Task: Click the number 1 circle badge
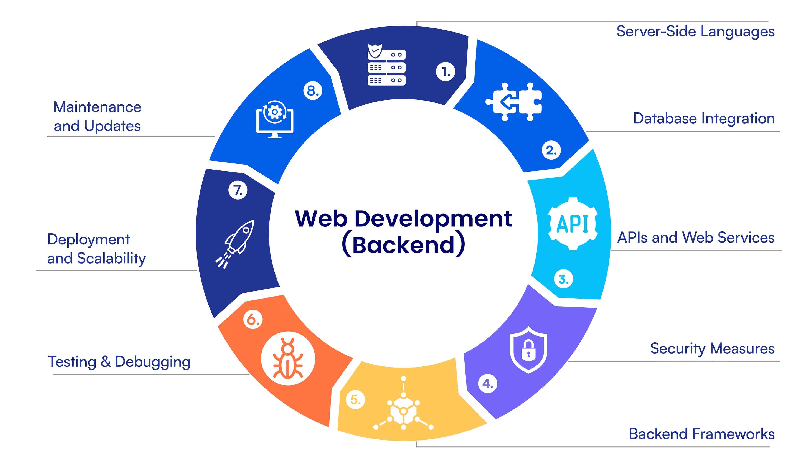pyautogui.click(x=446, y=71)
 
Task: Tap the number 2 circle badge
pyautogui.click(x=551, y=150)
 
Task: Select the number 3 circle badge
pyautogui.click(x=564, y=279)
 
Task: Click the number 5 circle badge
pyautogui.click(x=355, y=399)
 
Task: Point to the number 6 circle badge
pyautogui.click(x=253, y=319)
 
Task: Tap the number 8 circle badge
pyautogui.click(x=313, y=91)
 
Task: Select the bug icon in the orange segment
pyautogui.click(x=288, y=358)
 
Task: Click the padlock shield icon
pyautogui.click(x=528, y=350)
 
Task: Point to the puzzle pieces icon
pyautogui.click(x=514, y=102)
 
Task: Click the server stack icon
pyautogui.click(x=386, y=65)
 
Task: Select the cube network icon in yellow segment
pyautogui.click(x=403, y=403)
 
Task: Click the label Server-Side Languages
pyautogui.click(x=696, y=32)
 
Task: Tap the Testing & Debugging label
pyautogui.click(x=119, y=362)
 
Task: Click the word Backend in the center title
pyautogui.click(x=403, y=245)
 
